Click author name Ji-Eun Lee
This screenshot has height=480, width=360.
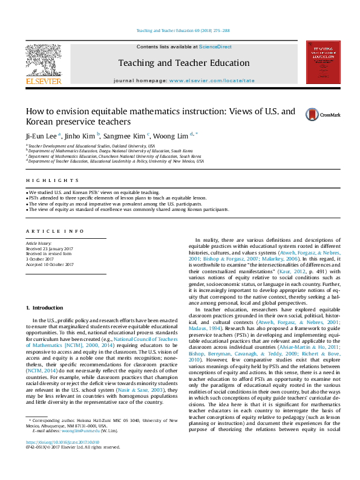click(x=41, y=135)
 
